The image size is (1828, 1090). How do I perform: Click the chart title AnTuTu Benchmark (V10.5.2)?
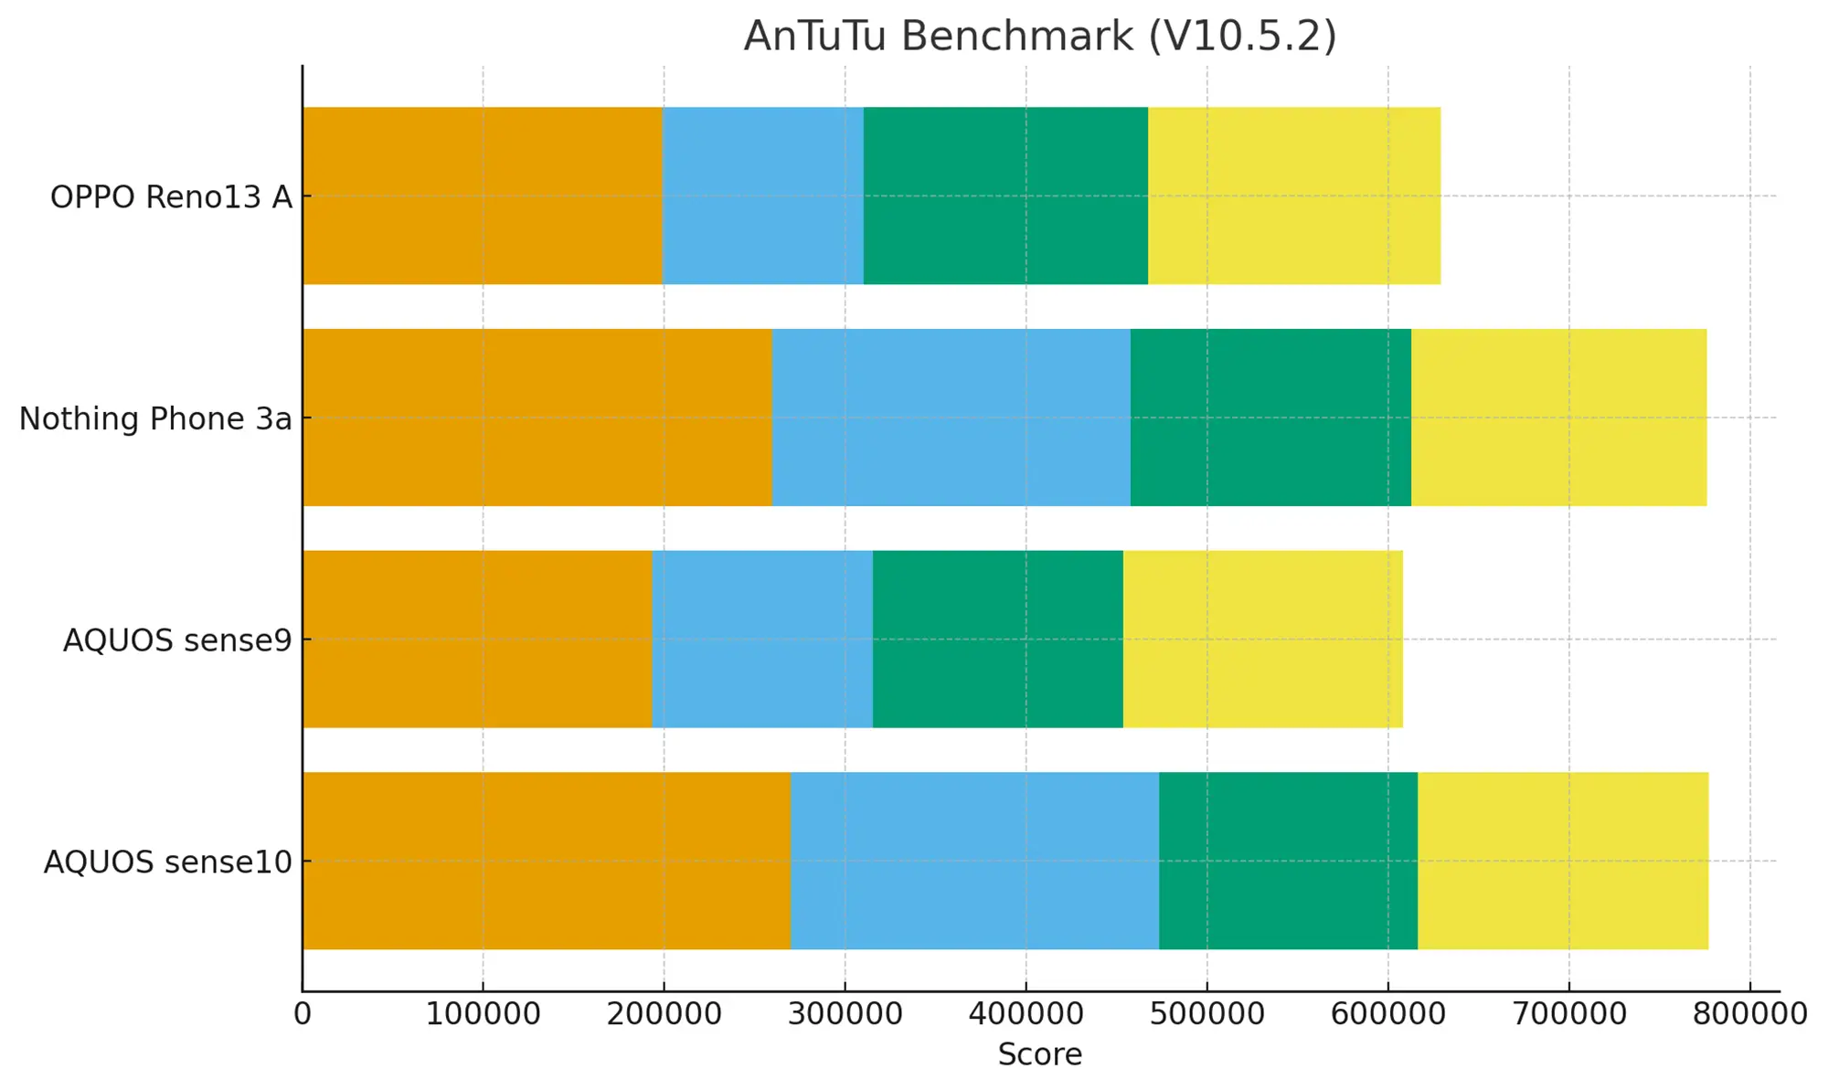pos(1039,37)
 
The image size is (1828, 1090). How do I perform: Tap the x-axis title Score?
pos(1039,1054)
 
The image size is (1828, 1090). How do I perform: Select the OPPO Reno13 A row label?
pos(171,196)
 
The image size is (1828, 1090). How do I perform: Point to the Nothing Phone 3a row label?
pos(155,418)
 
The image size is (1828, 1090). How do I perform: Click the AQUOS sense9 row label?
pos(177,640)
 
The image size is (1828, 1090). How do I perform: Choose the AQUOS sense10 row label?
pos(168,862)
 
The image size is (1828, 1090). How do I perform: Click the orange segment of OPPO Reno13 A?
pos(483,196)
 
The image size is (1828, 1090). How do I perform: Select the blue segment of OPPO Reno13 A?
pos(763,196)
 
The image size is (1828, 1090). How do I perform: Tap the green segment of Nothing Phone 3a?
pos(1270,418)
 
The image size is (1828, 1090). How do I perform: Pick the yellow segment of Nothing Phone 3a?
pos(1558,418)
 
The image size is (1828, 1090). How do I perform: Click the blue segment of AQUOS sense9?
pos(763,639)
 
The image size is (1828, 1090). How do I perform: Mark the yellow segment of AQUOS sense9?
pos(1262,639)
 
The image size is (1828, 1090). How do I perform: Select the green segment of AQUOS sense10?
pos(1288,861)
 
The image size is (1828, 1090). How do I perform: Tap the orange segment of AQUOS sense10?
pos(547,861)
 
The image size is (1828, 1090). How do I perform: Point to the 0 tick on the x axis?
pos(303,1014)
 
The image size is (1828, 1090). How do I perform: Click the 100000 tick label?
pos(483,1014)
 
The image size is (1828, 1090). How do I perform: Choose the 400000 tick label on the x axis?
pos(1026,1014)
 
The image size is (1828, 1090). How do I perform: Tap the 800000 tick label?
pos(1750,1014)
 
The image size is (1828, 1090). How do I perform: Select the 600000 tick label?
pos(1387,1014)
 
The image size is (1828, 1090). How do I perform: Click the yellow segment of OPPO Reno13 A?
pos(1294,196)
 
